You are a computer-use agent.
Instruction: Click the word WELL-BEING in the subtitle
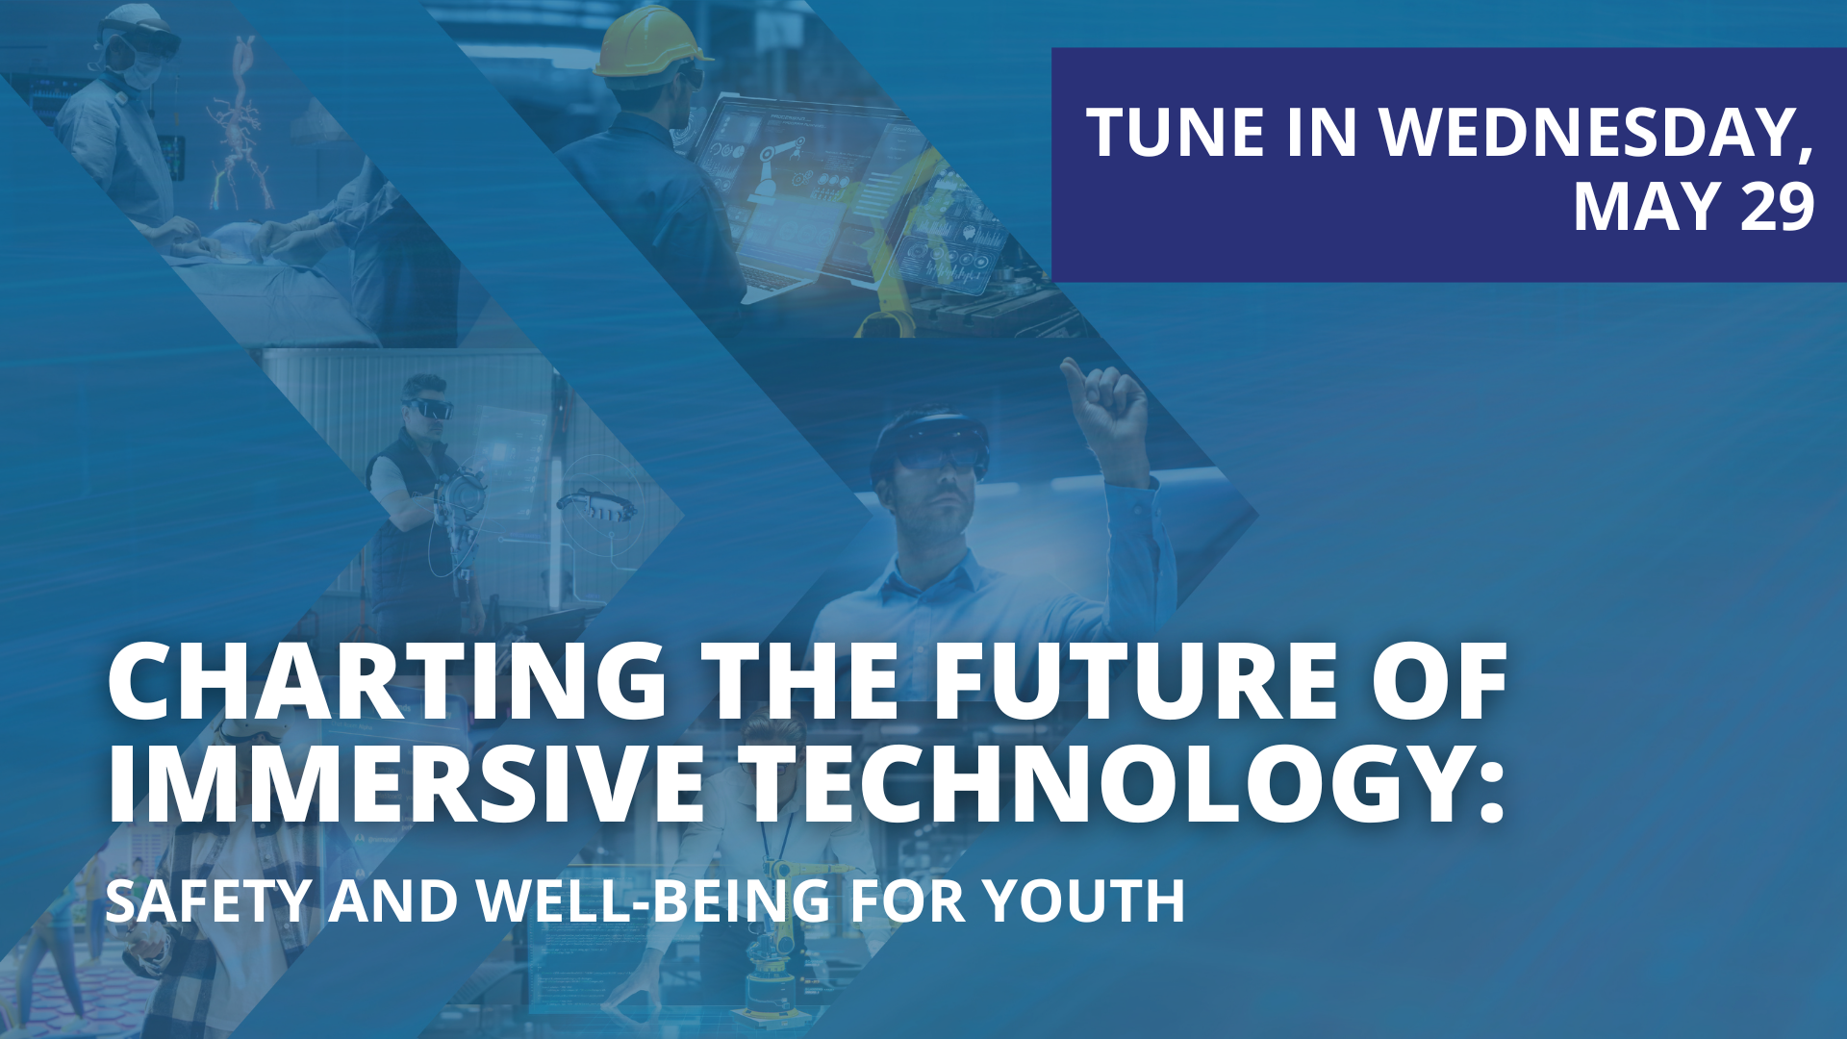point(654,901)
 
